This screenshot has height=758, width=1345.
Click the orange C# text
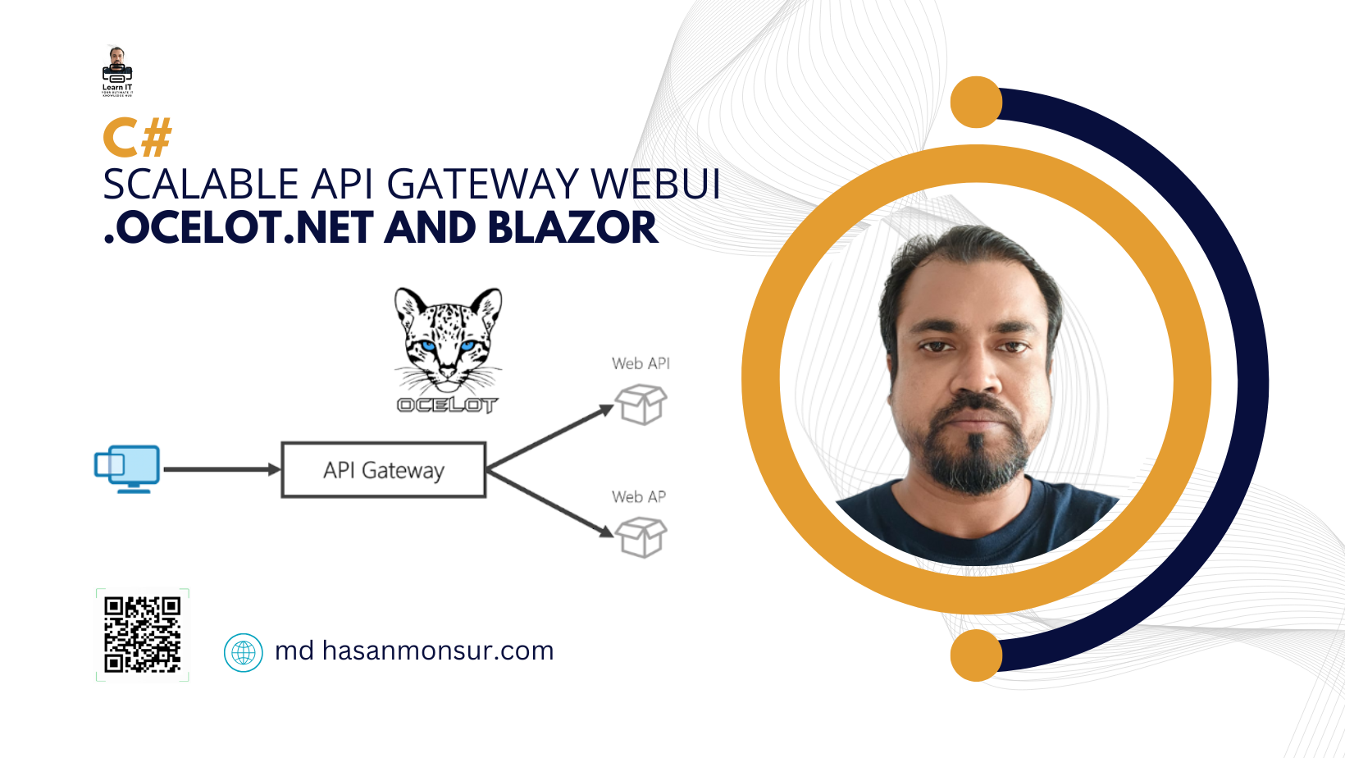137,138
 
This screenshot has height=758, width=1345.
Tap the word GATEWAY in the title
483,185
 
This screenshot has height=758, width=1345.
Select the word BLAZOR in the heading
572,228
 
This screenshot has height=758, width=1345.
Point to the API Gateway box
383,470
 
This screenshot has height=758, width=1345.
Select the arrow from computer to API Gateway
221,469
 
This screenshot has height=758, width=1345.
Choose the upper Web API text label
641,363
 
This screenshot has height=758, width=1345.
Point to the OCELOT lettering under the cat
447,404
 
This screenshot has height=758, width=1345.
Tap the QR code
143,634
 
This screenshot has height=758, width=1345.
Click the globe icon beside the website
244,652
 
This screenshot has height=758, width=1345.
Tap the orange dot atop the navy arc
976,103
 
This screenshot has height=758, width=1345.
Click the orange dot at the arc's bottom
976,655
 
